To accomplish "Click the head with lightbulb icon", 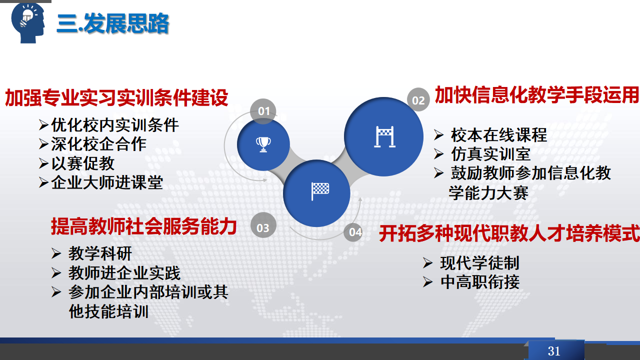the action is pos(28,23).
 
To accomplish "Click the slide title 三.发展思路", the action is pos(113,23).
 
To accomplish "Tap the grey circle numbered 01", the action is pos(263,111).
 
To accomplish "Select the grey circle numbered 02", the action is pos(418,99).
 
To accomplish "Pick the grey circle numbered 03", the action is pos(263,227).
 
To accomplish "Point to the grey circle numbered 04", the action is pos(354,232).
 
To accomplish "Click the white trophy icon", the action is pos(263,144).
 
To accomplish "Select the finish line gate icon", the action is pos(384,137).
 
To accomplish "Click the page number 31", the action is pos(553,351).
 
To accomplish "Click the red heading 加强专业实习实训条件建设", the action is pos(116,98).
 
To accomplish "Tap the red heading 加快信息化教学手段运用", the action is pos(536,95).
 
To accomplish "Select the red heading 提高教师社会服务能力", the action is pos(143,226).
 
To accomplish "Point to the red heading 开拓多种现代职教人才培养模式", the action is pos(509,233).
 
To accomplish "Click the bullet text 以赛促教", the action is pos(83,163).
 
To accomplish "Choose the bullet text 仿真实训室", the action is pos(491,154).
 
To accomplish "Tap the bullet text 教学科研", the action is pos(100,253).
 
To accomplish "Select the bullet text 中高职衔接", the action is pos(480,282).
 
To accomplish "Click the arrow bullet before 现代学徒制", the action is pos(427,263).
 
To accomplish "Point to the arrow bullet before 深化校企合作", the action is pos(43,144).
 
